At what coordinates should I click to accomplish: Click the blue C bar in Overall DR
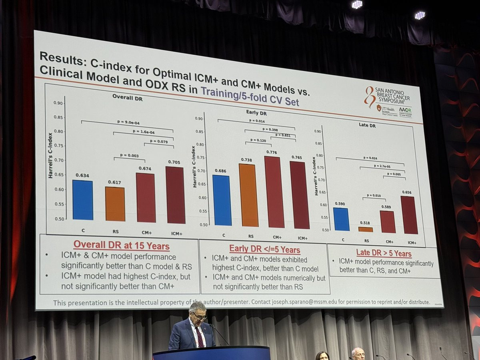tap(83, 200)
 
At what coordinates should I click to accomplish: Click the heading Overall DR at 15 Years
tap(122, 246)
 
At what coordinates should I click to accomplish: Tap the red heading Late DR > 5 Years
tap(384, 253)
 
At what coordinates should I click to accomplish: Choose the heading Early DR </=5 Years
tap(264, 249)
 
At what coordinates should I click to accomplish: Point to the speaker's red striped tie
tap(199, 337)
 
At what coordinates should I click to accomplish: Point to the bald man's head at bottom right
tap(358, 352)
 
